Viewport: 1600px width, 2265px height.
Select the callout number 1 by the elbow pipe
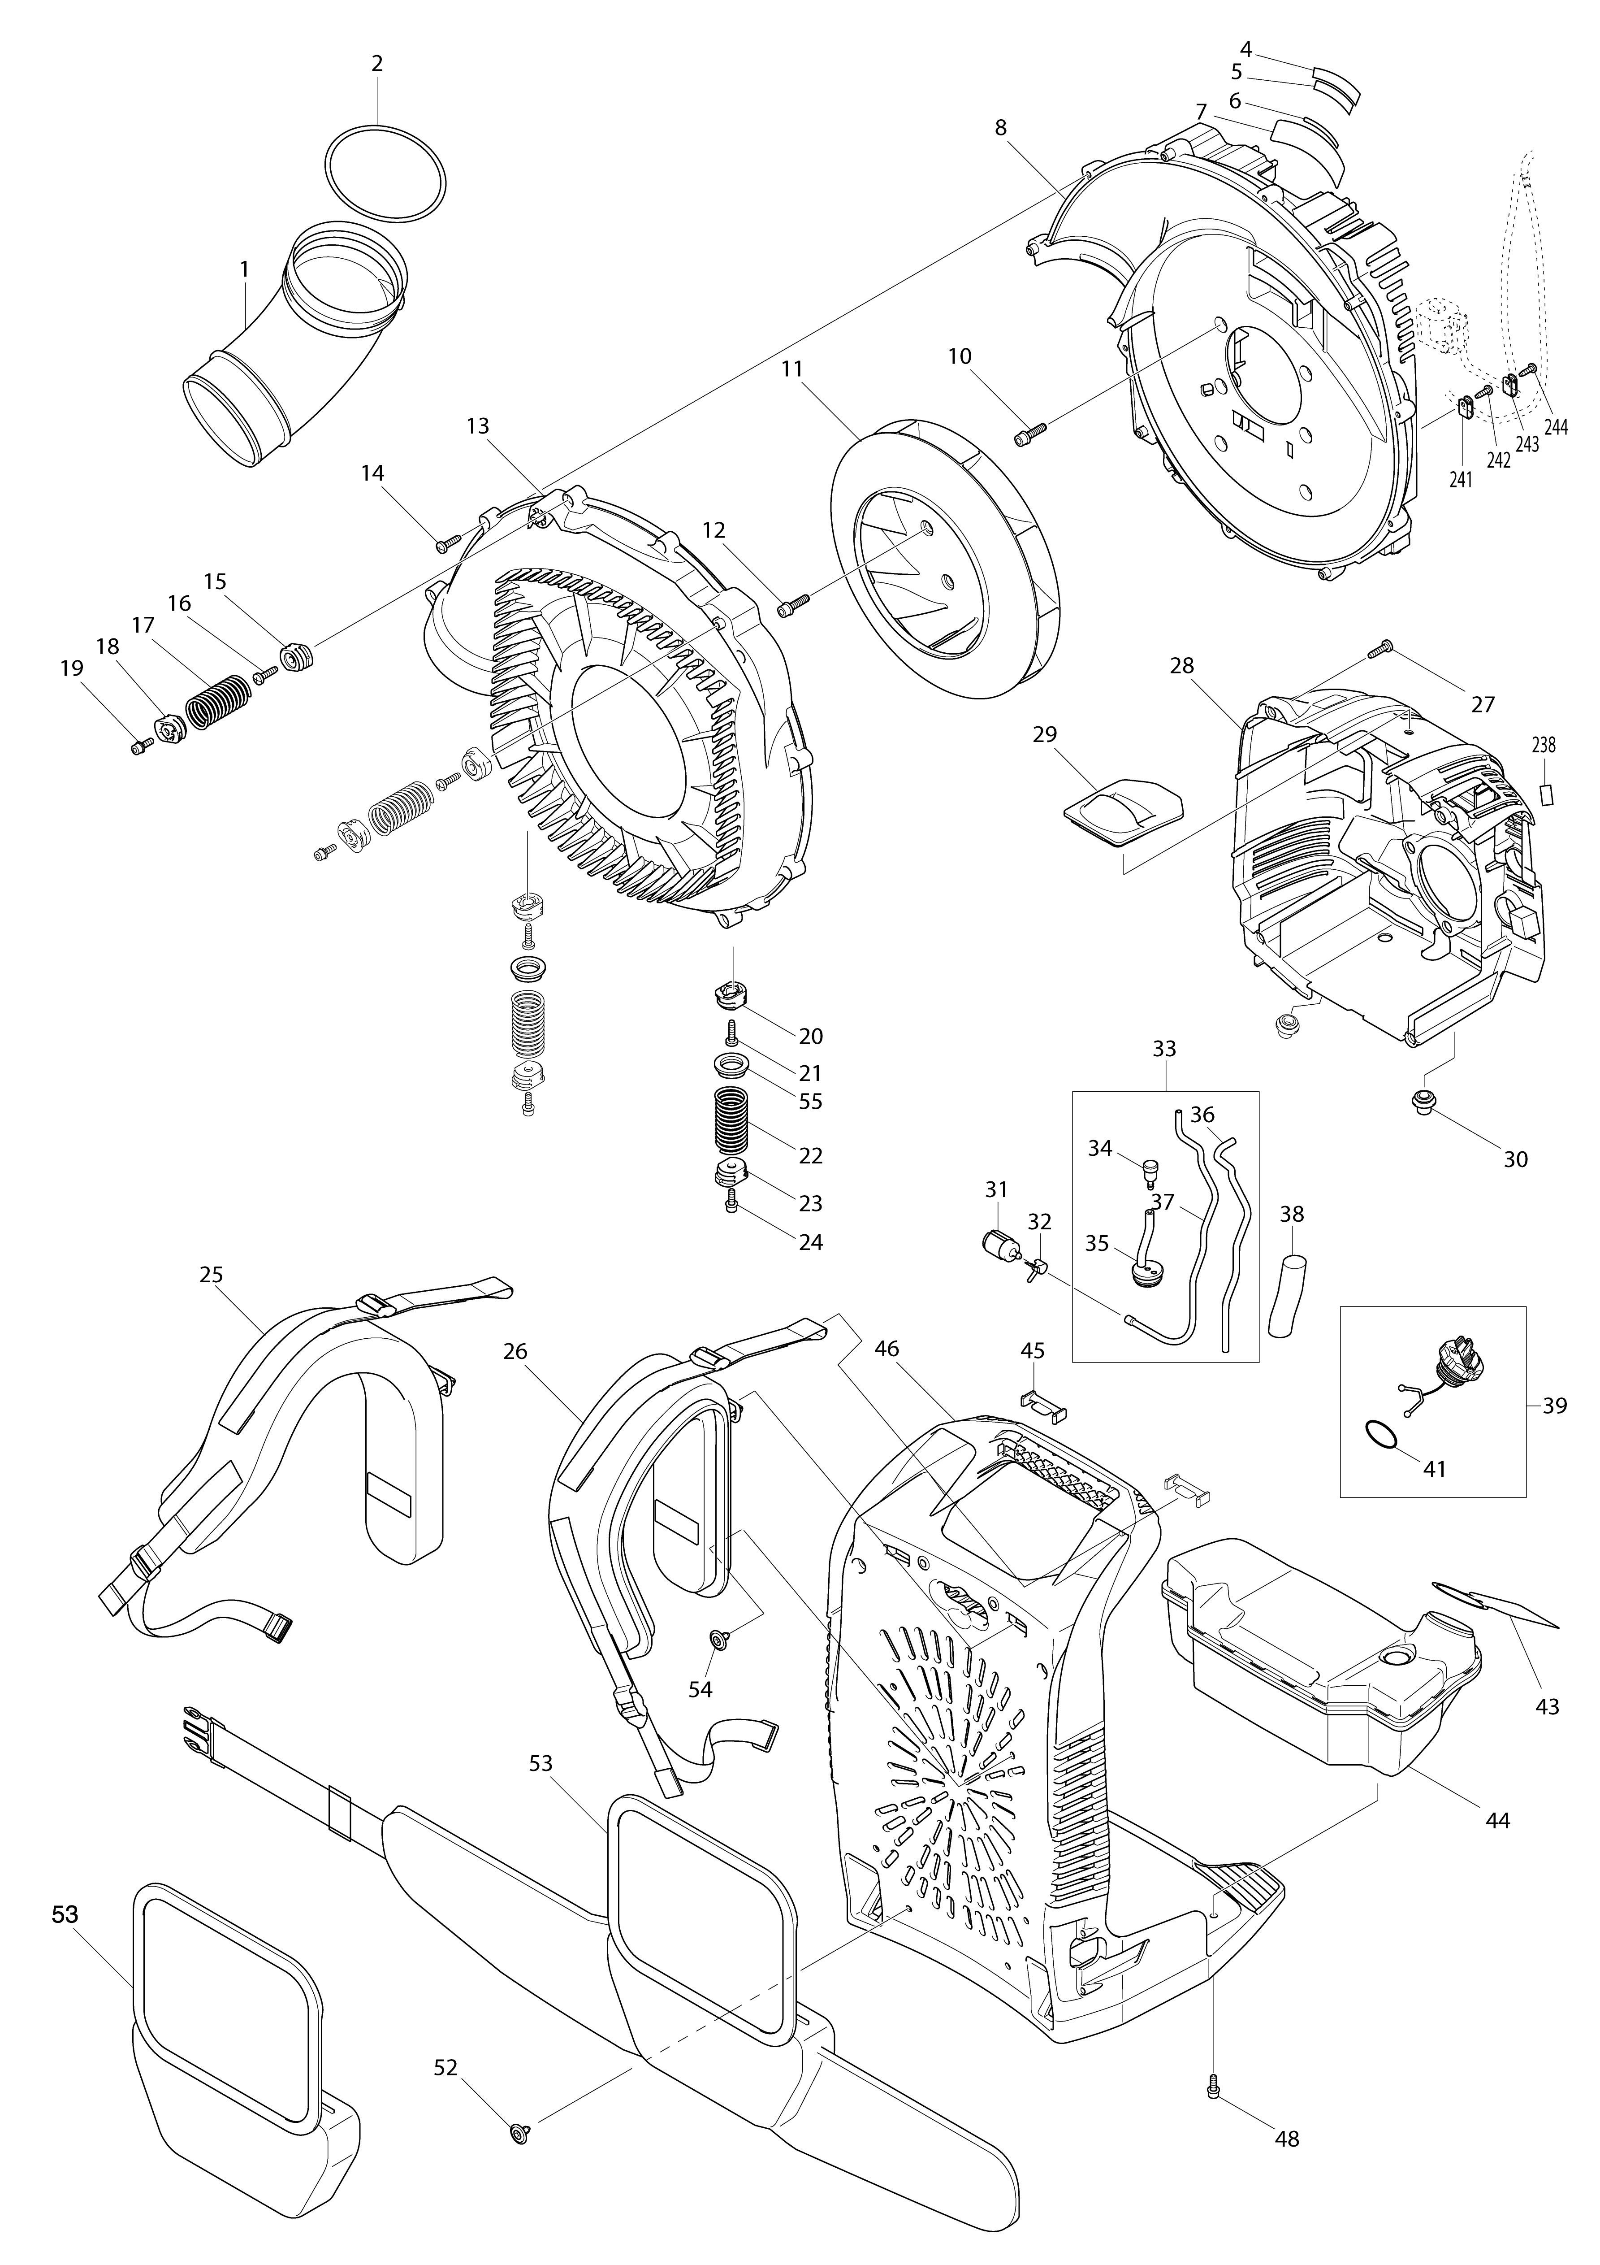click(244, 268)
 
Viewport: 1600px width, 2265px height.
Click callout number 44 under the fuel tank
click(1497, 1820)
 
